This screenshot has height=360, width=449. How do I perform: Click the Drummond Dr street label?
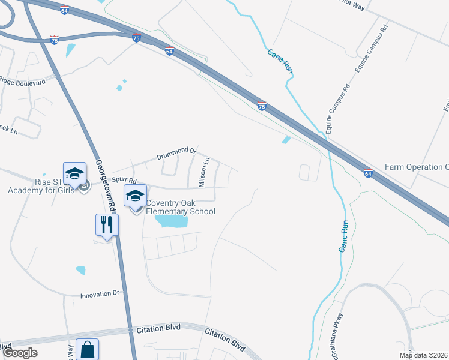tap(176, 153)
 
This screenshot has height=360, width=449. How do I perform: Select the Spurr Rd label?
tap(124, 180)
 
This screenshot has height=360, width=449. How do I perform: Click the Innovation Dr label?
tap(101, 295)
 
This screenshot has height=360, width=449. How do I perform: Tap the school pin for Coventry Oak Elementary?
tap(136, 196)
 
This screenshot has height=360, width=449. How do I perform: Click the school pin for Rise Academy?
tap(76, 174)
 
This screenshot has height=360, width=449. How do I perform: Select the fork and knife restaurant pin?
tap(107, 225)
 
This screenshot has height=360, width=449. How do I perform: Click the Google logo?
tap(20, 353)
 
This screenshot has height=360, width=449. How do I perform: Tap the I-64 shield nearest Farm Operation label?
tap(367, 173)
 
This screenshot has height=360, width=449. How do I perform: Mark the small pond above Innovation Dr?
tap(80, 270)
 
